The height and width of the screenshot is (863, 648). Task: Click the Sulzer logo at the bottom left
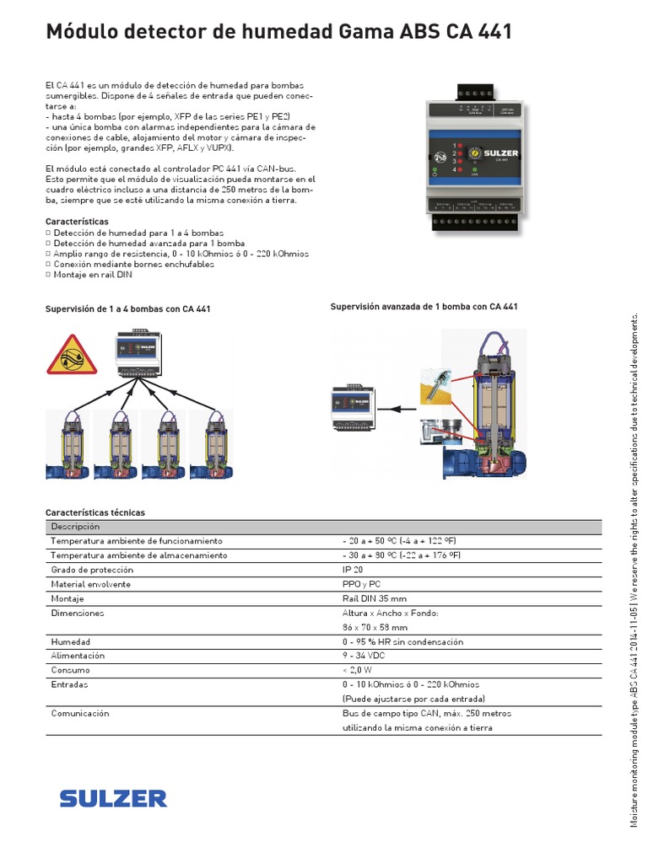point(113,797)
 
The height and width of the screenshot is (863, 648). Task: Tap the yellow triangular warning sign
point(72,355)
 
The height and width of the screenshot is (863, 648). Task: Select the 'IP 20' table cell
point(354,570)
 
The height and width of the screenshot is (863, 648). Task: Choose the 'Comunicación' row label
point(80,713)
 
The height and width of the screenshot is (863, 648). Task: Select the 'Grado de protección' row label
point(92,570)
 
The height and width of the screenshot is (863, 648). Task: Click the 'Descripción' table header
point(75,526)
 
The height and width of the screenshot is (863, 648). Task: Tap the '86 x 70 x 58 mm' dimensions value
point(375,627)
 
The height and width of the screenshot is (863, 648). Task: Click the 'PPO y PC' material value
point(361,584)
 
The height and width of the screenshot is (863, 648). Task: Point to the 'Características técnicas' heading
point(94,512)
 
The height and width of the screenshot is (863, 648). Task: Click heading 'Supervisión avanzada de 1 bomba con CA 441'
point(424,307)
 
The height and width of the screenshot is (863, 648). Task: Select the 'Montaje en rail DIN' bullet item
point(93,274)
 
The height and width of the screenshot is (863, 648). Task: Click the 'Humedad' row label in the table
point(70,641)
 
